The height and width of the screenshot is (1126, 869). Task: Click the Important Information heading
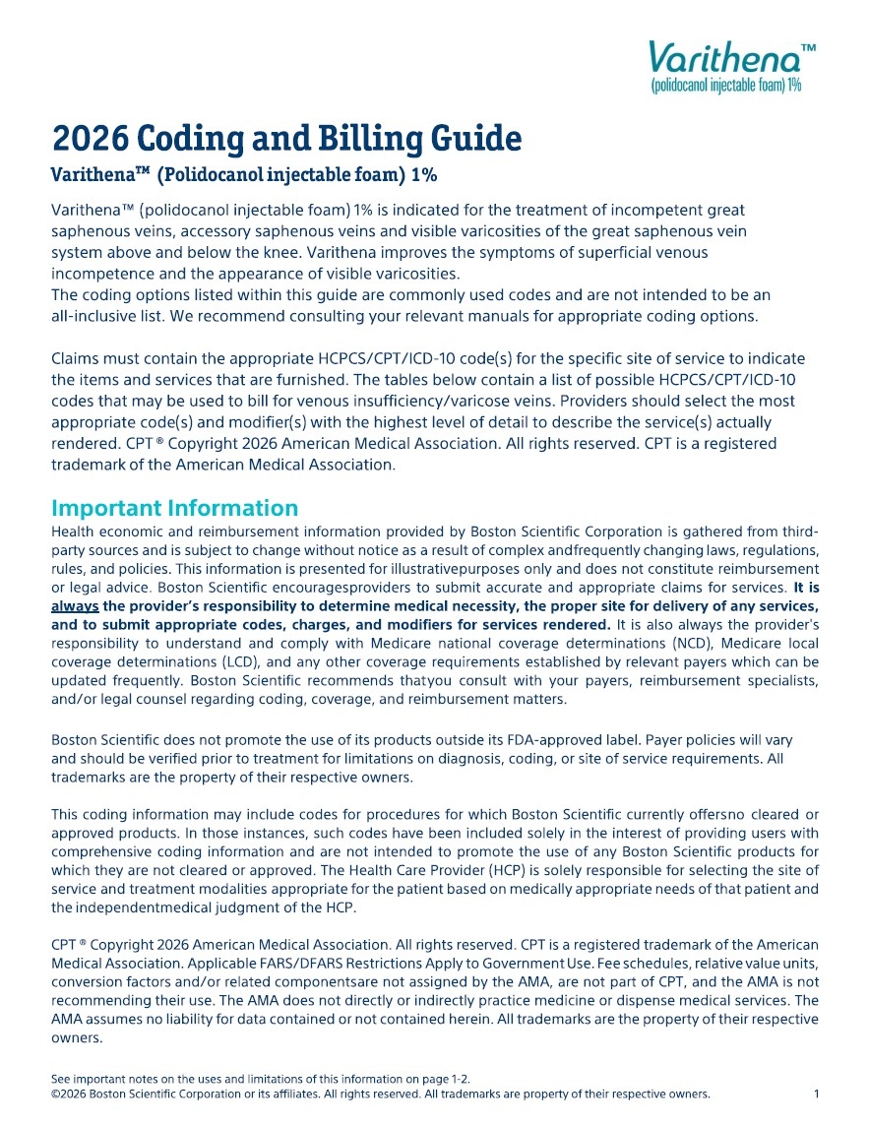174,508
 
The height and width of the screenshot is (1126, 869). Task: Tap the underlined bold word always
75,606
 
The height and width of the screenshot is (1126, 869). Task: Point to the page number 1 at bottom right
816,1094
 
